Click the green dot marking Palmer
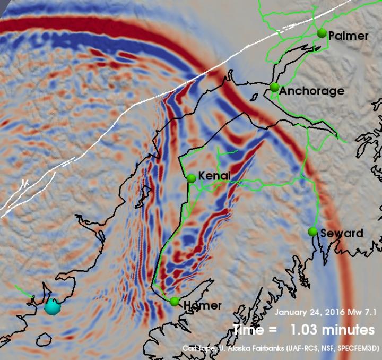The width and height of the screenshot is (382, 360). coord(322,33)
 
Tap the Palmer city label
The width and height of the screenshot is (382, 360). coord(348,36)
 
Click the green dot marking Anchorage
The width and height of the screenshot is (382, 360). coord(274,87)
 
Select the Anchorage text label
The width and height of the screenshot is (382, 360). coord(312,91)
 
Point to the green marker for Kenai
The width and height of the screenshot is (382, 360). coord(192,179)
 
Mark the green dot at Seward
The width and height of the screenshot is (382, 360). coord(312,232)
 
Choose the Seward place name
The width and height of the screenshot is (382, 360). coord(342,233)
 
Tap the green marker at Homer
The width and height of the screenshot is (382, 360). coord(175,302)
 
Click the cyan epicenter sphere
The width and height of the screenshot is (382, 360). coord(52,306)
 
